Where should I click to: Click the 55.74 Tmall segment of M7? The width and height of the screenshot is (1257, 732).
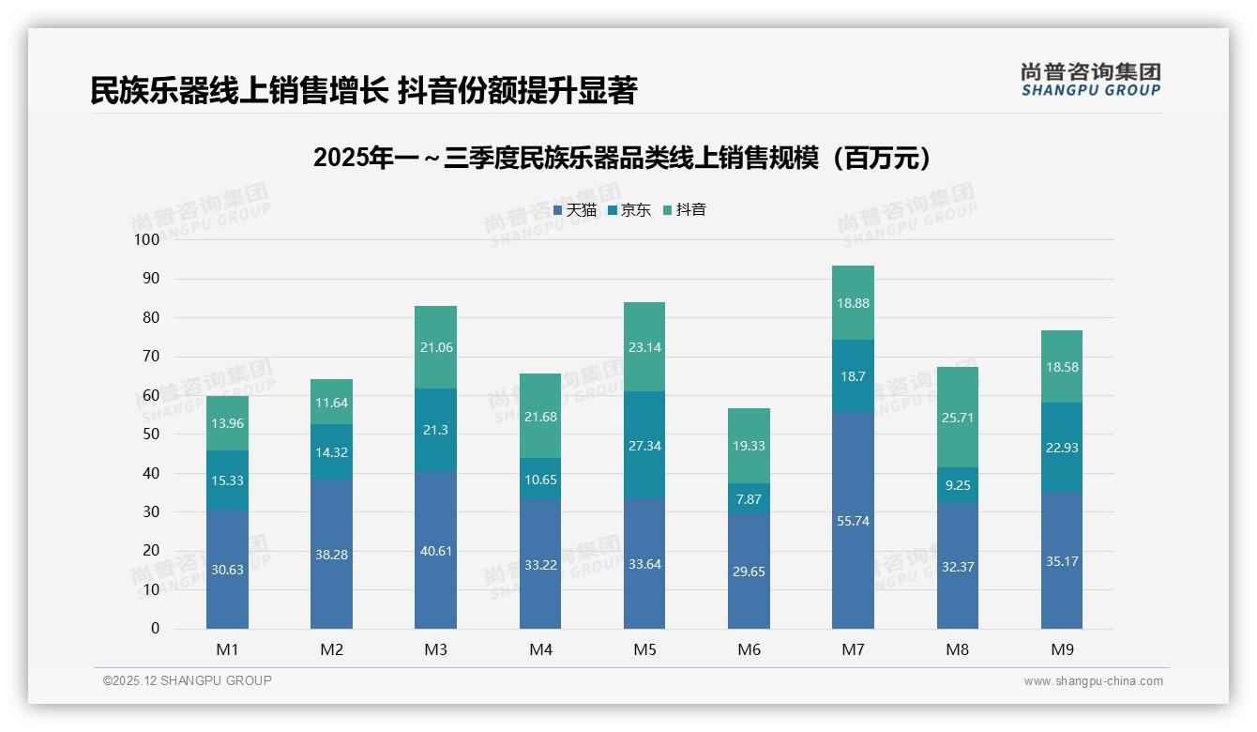point(853,521)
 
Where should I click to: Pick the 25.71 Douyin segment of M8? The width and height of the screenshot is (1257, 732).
point(957,417)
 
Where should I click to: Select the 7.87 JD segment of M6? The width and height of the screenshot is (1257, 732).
point(749,499)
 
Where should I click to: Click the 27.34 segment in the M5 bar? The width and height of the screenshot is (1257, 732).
point(644,446)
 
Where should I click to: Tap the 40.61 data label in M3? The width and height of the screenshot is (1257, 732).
point(435,551)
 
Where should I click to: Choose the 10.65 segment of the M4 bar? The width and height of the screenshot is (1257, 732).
point(539,480)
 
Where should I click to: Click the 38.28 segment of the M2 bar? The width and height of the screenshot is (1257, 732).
point(331,555)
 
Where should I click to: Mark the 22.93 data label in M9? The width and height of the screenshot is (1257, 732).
point(1061,448)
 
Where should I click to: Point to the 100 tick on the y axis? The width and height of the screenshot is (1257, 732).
point(147,240)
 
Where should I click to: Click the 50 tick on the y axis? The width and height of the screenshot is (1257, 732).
point(150,435)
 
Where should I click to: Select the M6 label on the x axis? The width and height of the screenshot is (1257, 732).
point(749,649)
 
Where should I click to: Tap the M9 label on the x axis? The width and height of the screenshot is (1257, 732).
point(1061,649)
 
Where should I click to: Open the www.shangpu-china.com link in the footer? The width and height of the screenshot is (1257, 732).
point(1093,681)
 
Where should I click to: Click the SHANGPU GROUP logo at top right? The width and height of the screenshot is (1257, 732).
point(1090,80)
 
